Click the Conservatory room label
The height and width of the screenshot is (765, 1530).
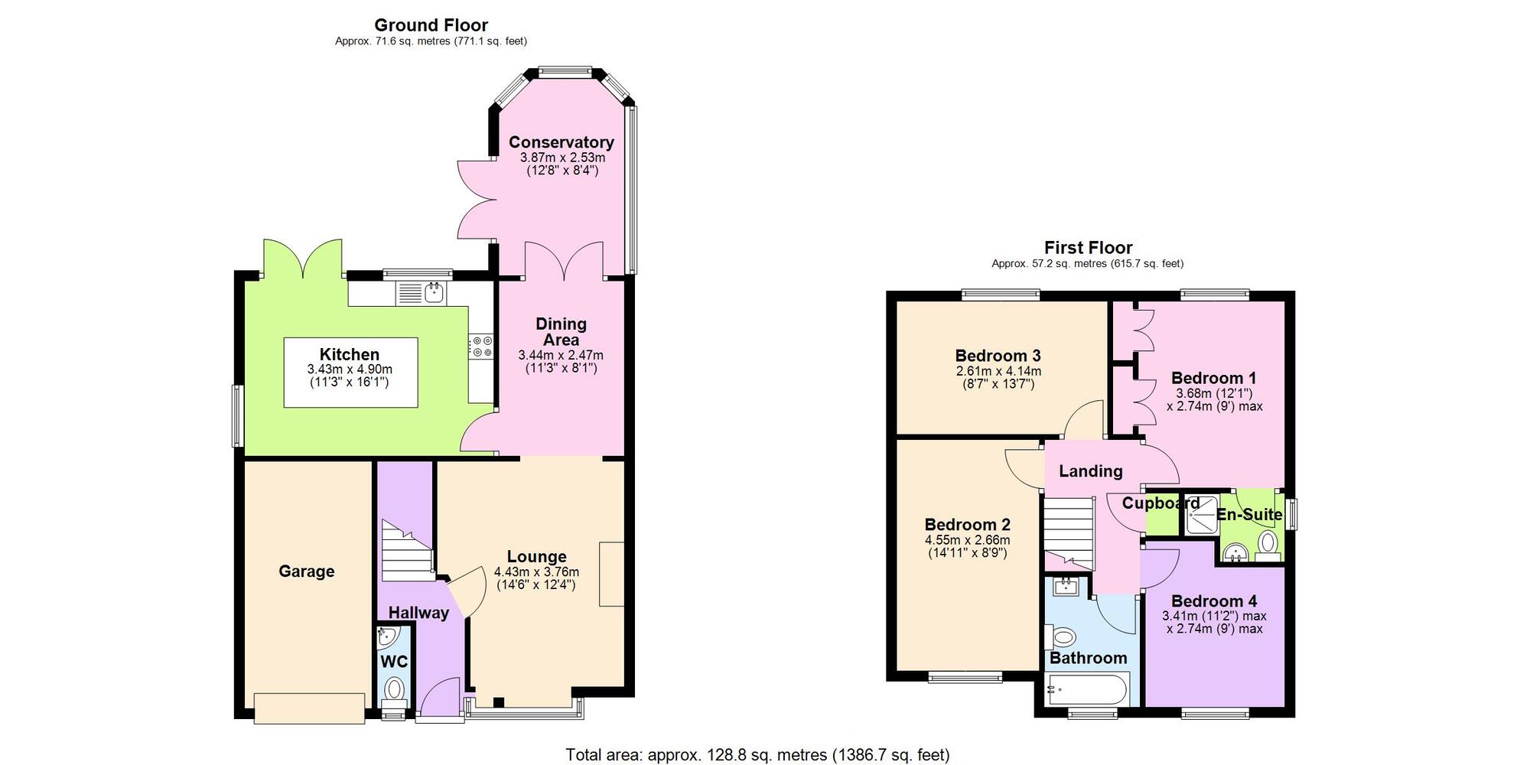[x=562, y=142]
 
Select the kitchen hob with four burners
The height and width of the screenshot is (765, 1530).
[x=482, y=347]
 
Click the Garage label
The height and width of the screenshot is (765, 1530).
[x=307, y=571]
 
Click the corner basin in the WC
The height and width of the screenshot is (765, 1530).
[x=388, y=636]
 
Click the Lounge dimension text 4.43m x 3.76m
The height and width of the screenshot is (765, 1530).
[x=536, y=572]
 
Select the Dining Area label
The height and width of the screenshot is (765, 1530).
[x=562, y=332]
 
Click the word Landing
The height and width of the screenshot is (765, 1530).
[x=1091, y=471]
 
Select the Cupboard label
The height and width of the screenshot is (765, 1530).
[x=1161, y=503]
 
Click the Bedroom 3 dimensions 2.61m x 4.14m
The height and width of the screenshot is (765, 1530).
[x=998, y=372]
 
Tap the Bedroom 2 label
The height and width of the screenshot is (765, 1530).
[x=968, y=525]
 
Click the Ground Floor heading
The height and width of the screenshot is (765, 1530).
[x=431, y=25]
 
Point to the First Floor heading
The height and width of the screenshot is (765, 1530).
[x=1088, y=248]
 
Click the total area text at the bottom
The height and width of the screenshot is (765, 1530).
[x=757, y=755]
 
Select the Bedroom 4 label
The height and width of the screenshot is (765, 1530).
[x=1214, y=601]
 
